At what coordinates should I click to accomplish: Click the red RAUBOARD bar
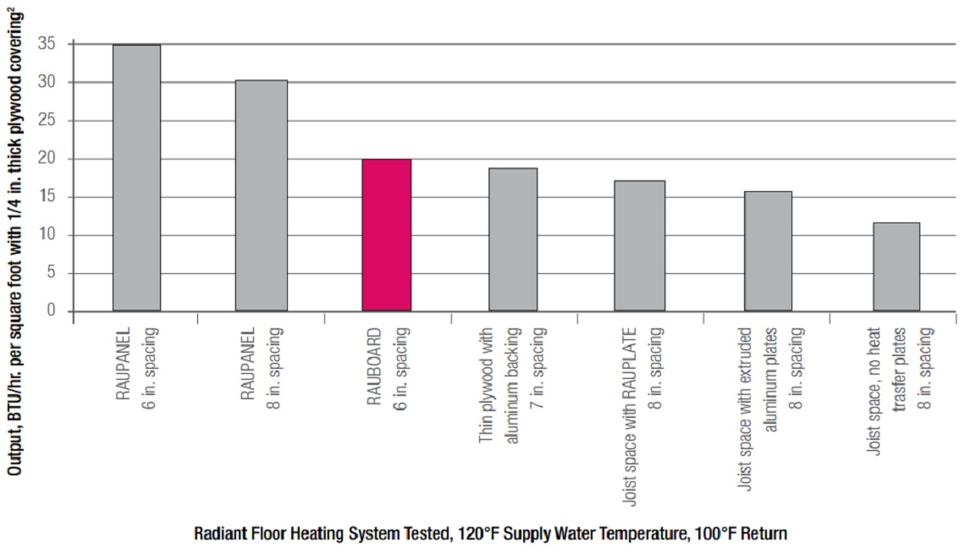[x=387, y=235]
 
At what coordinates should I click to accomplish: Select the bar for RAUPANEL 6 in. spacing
[x=136, y=178]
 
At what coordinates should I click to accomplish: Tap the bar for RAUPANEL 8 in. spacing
[x=262, y=195]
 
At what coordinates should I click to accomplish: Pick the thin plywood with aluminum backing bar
[x=513, y=239]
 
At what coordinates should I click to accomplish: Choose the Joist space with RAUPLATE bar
[x=640, y=245]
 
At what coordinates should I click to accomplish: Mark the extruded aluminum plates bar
[x=768, y=251]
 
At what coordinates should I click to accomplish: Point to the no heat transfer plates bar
[x=896, y=266]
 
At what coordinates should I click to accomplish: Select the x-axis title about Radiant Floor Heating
[x=490, y=535]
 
